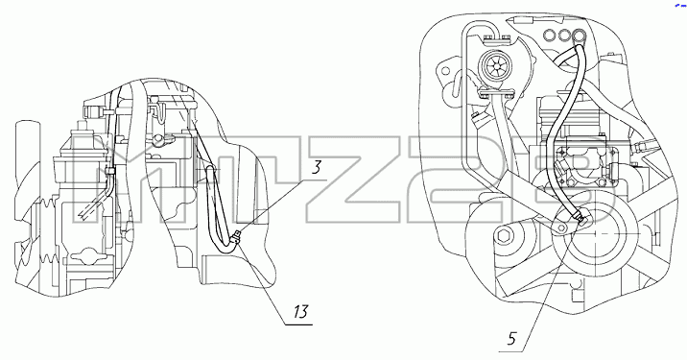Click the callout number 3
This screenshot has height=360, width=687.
pos(317,168)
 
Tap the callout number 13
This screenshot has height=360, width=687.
pos(300,312)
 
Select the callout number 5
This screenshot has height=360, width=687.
pos(512,338)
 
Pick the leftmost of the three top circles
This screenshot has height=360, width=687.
pos(548,35)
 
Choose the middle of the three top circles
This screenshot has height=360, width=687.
pos(564,35)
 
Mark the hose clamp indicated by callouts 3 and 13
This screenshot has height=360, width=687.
pos(236,237)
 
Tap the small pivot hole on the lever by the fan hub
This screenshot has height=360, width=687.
pos(560,228)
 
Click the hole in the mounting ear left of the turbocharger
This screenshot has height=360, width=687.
pos(445,70)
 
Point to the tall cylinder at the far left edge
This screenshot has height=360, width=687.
pos(23,150)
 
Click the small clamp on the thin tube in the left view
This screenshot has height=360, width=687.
pos(110,171)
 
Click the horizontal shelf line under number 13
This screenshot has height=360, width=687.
pos(298,324)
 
